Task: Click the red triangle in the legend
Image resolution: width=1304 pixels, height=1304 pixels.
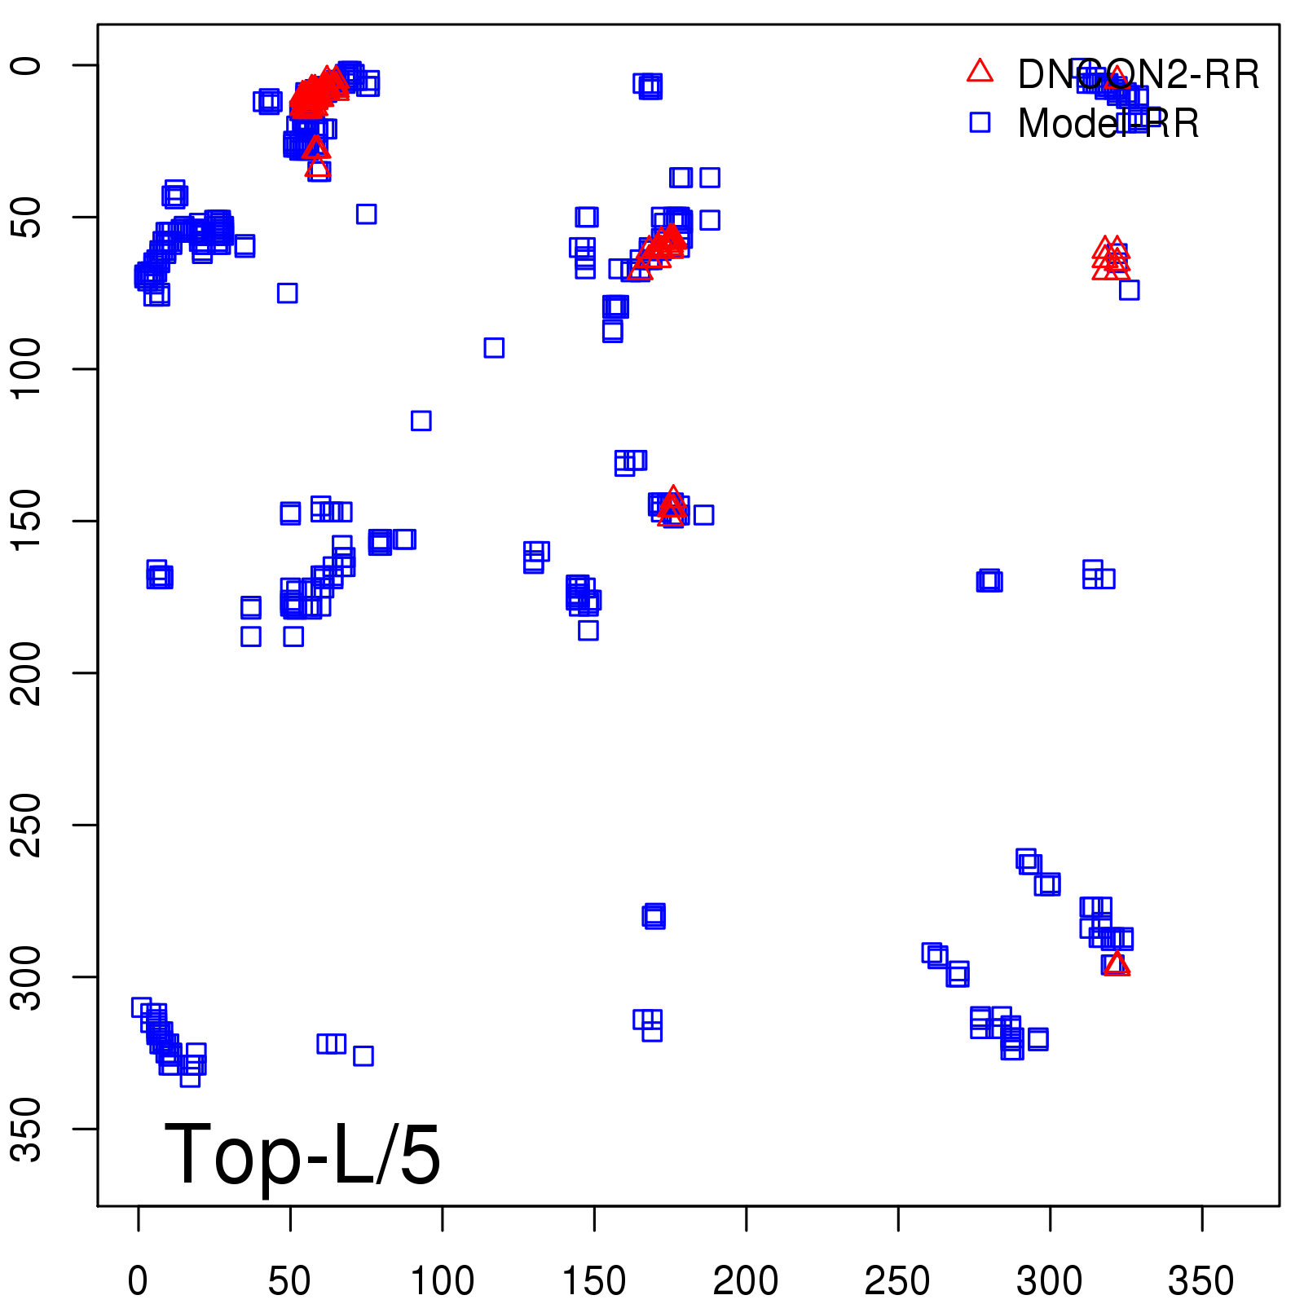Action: click(x=980, y=72)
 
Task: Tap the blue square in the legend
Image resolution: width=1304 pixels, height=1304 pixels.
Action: click(x=980, y=122)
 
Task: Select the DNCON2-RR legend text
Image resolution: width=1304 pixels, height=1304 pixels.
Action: click(x=1138, y=75)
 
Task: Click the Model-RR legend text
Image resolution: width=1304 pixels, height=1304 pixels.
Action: click(x=1108, y=124)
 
